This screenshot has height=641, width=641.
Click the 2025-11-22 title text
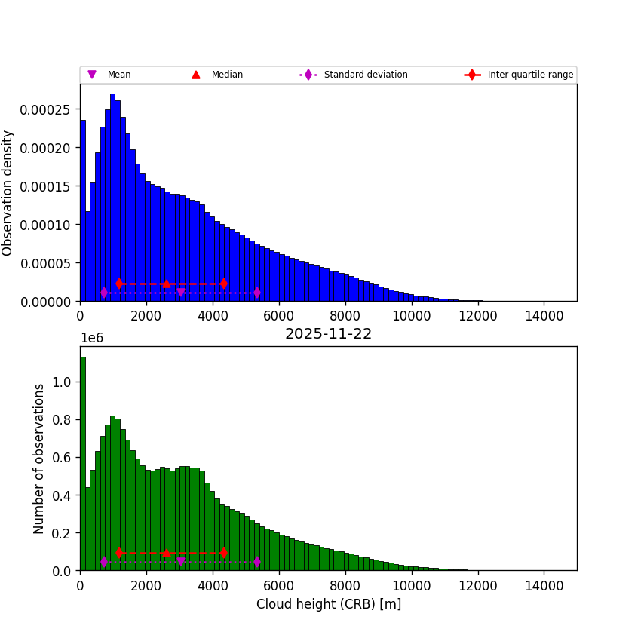click(x=328, y=334)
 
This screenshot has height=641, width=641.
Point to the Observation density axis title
click(x=8, y=193)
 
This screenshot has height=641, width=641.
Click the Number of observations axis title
click(x=39, y=459)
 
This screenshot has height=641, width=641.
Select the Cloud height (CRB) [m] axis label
click(x=328, y=604)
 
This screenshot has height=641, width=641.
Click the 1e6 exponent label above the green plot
click(x=91, y=338)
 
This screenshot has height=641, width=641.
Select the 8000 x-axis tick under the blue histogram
click(x=345, y=316)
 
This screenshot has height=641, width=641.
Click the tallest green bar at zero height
click(x=83, y=468)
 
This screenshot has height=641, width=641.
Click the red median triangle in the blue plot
click(x=166, y=284)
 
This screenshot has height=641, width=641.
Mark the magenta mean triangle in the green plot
click(x=180, y=562)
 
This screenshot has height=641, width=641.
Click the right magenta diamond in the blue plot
click(x=257, y=293)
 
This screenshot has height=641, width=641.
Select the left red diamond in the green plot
click(x=119, y=553)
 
